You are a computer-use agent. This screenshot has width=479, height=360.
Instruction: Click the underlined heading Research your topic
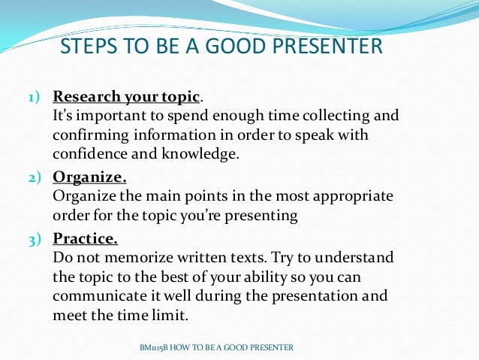pos(126,97)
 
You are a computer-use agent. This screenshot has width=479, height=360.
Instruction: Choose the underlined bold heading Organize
pos(89,177)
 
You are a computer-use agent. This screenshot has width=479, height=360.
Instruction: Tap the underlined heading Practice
pos(85,239)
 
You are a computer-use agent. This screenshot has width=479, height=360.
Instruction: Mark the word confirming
pos(93,135)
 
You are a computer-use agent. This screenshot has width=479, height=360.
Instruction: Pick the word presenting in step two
pos(262,216)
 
